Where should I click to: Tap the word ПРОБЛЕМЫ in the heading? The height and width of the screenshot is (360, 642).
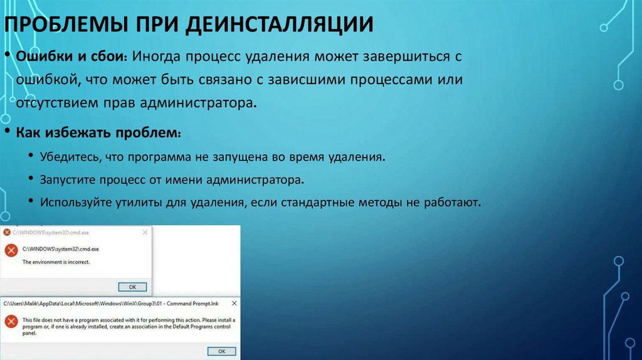pos(60,25)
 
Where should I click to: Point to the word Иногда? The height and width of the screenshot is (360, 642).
pos(156,57)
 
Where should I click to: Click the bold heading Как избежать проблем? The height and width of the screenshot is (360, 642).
pos(98,134)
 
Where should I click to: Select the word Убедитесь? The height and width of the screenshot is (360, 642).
pos(71,156)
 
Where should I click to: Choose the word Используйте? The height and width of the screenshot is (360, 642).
pos(76,203)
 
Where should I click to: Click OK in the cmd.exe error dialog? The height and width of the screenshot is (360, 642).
pos(132,287)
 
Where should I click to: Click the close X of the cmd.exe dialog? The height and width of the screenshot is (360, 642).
pos(145,231)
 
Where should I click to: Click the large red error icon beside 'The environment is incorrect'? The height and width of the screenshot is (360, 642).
pos(11,251)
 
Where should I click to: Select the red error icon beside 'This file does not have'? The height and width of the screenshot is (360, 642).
pos(11,321)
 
